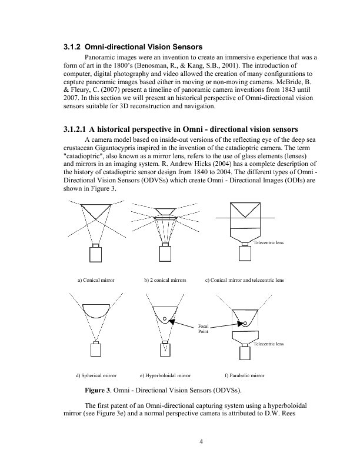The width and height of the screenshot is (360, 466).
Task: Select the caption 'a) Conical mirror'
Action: (96, 280)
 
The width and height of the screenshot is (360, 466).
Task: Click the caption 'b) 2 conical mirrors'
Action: (165, 280)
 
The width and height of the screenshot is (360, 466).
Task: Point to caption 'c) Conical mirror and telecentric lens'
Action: (244, 280)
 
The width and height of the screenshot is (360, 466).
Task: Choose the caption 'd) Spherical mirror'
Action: (96, 374)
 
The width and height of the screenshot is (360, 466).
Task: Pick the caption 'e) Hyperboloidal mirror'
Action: (165, 374)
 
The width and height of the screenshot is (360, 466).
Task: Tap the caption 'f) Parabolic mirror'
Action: (244, 374)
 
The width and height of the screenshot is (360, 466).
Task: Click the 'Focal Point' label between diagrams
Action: (203, 328)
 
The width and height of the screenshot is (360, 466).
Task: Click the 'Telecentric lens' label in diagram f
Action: (269, 342)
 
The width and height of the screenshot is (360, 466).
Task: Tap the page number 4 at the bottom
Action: (201, 442)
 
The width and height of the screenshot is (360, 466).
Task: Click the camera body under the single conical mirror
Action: (96, 255)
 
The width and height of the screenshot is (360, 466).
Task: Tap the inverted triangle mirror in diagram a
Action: (96, 211)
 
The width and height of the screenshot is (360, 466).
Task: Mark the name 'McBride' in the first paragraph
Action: (294, 82)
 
